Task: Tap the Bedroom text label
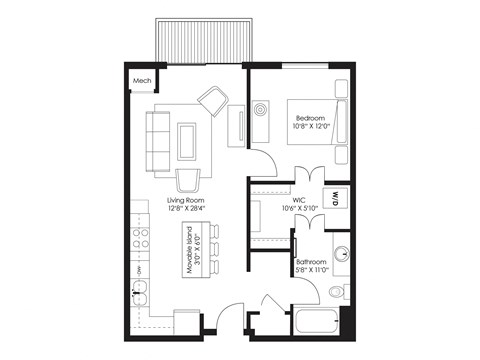311,118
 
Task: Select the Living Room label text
185,200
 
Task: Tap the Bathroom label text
312,263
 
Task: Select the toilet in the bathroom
335,292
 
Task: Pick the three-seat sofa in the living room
157,139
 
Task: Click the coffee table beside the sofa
187,139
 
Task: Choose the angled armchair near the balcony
213,99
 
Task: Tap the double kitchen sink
142,294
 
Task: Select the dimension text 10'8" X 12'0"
311,128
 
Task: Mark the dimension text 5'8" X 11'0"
312,271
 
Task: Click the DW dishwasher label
139,269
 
